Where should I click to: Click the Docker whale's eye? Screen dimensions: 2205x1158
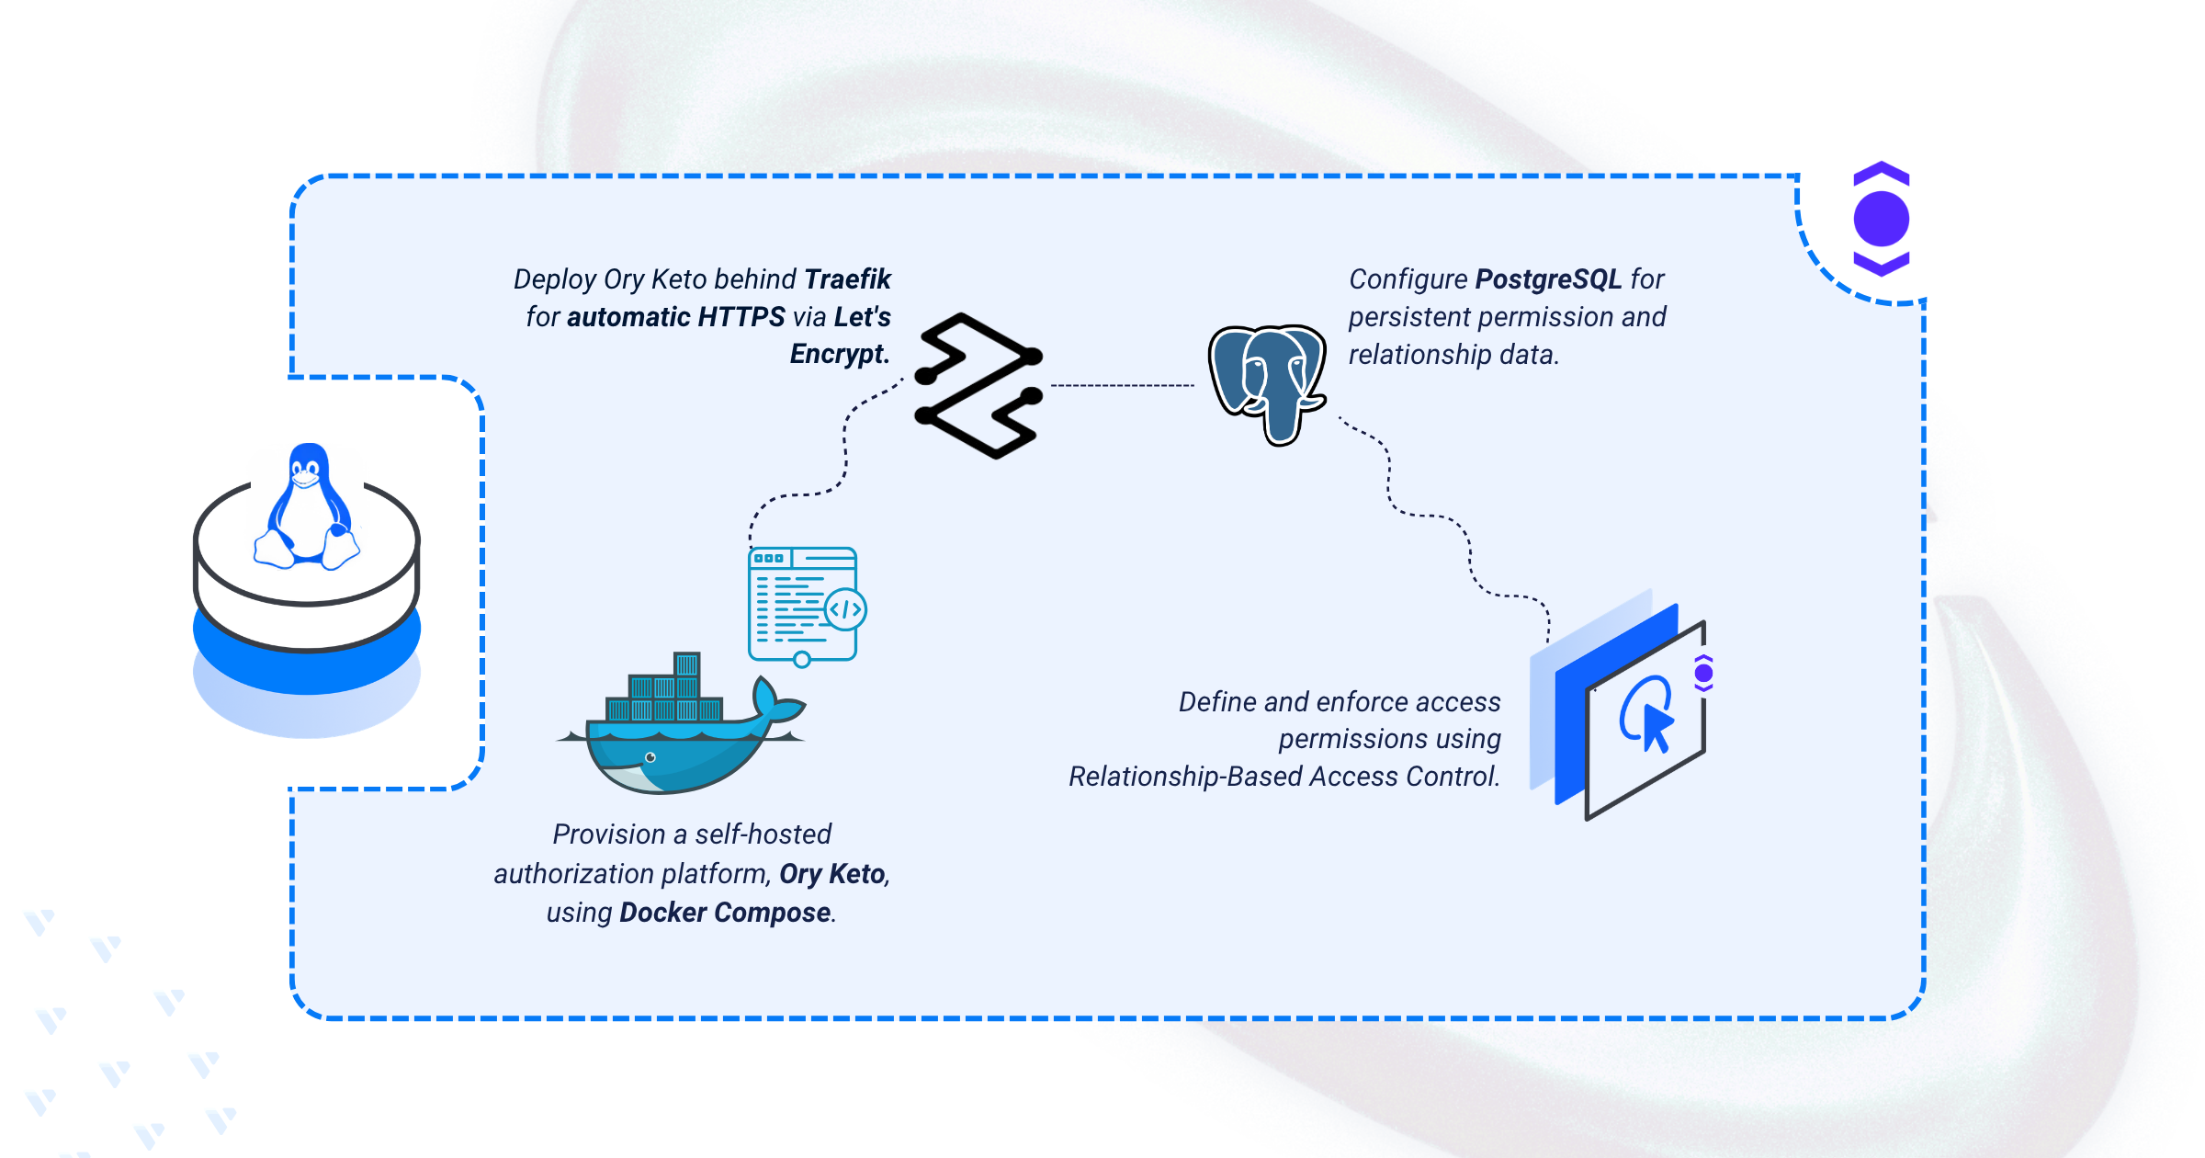coord(650,757)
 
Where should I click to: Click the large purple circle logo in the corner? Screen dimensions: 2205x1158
coord(1881,219)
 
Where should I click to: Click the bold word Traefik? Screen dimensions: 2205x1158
coord(847,278)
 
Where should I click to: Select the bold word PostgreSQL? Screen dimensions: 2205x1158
coord(1548,278)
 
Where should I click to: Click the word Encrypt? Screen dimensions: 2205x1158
coord(840,354)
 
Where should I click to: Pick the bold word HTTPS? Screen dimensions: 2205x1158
coord(741,316)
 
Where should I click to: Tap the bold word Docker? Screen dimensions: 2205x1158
coord(662,912)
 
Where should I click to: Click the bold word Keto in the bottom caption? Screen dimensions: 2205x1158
coord(859,873)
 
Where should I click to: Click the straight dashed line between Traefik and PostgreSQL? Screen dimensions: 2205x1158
coord(1123,385)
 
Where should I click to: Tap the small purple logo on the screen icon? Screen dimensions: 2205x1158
coord(1703,674)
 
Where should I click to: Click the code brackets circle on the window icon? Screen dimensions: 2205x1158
coord(845,609)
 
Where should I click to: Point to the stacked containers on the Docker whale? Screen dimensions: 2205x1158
coord(664,687)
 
